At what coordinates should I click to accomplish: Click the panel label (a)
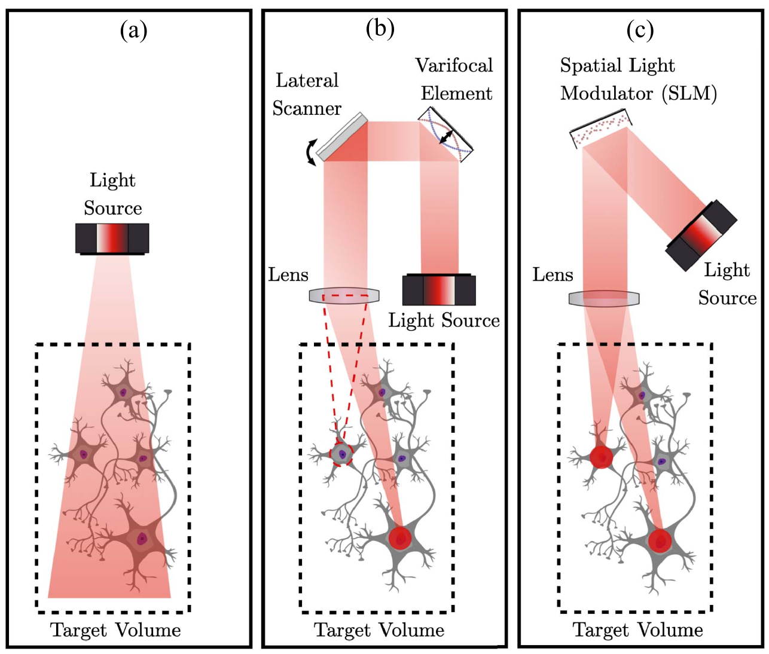point(133,30)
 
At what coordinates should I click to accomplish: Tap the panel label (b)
point(380,28)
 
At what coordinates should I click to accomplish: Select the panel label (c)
point(640,30)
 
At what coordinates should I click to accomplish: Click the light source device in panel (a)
point(112,239)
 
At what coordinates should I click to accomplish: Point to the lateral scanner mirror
point(343,137)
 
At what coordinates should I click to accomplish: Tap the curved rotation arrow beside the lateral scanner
point(310,152)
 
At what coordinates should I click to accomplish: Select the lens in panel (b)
point(344,295)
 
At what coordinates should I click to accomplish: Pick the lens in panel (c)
point(604,298)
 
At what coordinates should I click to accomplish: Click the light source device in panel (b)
point(439,290)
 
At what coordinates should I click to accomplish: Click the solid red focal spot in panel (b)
point(400,537)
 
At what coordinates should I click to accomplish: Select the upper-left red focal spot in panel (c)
point(602,457)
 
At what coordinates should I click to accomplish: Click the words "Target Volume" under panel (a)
point(115,630)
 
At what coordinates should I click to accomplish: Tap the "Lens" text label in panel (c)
point(553,275)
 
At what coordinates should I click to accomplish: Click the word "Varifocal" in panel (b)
point(454,65)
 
